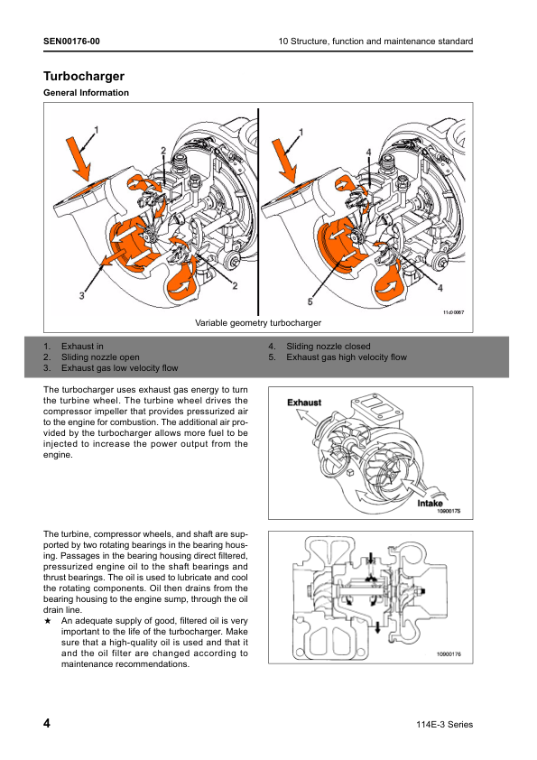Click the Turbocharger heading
84,76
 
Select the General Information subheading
87,93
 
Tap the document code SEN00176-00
71,42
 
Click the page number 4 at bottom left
47,723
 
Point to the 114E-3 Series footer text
444,725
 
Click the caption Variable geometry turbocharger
258,323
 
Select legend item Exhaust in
82,346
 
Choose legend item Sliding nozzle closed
329,346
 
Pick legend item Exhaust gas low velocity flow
120,368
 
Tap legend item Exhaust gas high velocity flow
347,357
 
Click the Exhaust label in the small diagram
304,403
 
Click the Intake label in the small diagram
430,503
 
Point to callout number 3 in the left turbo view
81,295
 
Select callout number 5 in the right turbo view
310,301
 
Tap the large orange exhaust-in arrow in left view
79,159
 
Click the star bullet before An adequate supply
47,621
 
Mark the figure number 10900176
449,653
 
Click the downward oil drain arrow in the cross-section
377,628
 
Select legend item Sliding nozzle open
100,357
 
